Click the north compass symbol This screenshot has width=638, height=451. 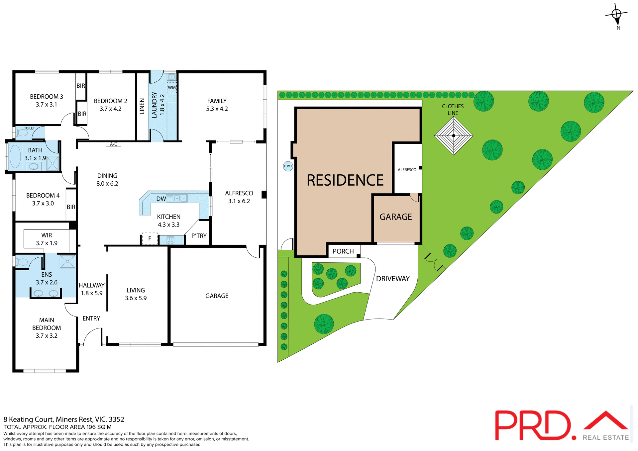tap(616, 15)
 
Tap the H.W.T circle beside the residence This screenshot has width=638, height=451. tap(288, 166)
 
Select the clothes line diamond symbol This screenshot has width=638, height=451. tap(454, 135)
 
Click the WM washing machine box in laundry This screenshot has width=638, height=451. tap(171, 88)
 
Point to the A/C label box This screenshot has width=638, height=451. tap(113, 144)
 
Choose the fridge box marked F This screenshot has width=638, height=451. tap(150, 238)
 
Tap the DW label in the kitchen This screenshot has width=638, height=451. tap(161, 199)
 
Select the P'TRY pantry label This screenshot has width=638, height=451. tap(199, 236)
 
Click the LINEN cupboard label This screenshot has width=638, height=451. tap(142, 106)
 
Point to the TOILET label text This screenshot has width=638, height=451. tap(29, 128)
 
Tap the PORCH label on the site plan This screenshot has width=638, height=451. tap(343, 251)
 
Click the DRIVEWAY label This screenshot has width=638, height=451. tap(393, 279)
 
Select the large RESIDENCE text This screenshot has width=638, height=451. tap(345, 180)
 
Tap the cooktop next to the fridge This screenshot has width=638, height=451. tap(170, 240)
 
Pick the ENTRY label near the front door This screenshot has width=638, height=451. tap(91, 318)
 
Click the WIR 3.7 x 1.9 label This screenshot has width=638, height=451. tap(47, 239)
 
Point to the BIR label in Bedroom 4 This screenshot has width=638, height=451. tap(71, 207)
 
